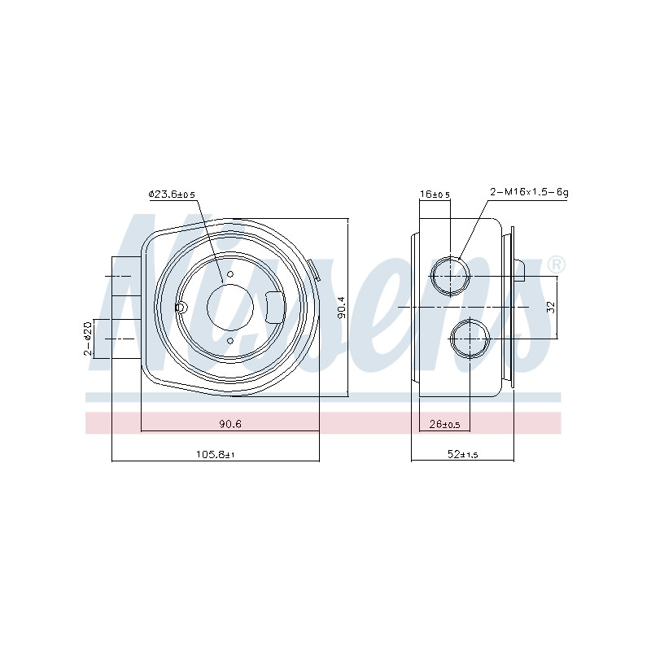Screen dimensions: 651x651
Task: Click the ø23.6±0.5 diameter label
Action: click(172, 194)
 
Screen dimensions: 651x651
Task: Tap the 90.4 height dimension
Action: click(342, 308)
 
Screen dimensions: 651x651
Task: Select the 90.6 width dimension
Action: click(230, 423)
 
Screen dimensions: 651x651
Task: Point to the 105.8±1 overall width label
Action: click(216, 454)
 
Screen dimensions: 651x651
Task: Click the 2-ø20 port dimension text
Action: click(88, 338)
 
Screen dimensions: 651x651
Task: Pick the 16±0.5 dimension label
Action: click(435, 194)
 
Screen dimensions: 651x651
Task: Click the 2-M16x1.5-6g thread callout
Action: click(529, 192)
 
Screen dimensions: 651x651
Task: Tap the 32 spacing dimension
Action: click(551, 308)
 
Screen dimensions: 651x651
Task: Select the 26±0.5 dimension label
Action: click(444, 424)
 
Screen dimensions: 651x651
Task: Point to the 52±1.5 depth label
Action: click(462, 454)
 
